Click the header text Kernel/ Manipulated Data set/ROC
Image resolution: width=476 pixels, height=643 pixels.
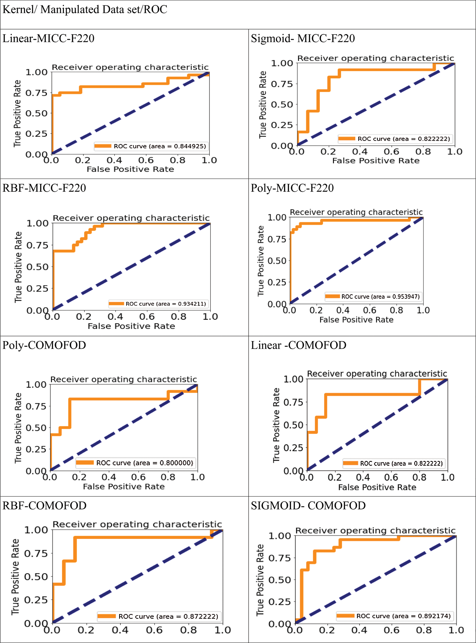point(85,10)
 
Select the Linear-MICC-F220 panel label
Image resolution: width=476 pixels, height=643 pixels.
point(48,38)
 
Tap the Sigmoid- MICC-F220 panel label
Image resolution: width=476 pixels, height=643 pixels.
point(302,38)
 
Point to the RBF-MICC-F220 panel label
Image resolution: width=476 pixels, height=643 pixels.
point(44,188)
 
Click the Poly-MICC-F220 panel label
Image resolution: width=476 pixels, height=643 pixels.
point(292,188)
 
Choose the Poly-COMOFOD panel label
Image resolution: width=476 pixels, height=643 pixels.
point(44,345)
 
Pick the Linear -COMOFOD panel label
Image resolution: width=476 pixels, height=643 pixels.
point(298,345)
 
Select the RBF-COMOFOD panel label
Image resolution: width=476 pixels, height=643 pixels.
point(44,506)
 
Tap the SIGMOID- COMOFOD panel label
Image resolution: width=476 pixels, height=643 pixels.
point(308,506)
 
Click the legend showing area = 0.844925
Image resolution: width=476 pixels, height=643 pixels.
point(150,146)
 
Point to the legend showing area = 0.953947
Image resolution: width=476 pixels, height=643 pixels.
point(373,296)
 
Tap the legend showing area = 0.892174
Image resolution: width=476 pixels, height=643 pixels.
point(395,616)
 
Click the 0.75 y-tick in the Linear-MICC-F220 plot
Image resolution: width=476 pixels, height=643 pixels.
point(36,93)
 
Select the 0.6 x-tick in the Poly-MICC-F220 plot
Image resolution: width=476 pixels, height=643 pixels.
point(369,310)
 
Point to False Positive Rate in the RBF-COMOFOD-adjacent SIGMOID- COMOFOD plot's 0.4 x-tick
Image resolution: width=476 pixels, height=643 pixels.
point(359,630)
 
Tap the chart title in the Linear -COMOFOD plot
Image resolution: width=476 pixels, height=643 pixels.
point(377,374)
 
